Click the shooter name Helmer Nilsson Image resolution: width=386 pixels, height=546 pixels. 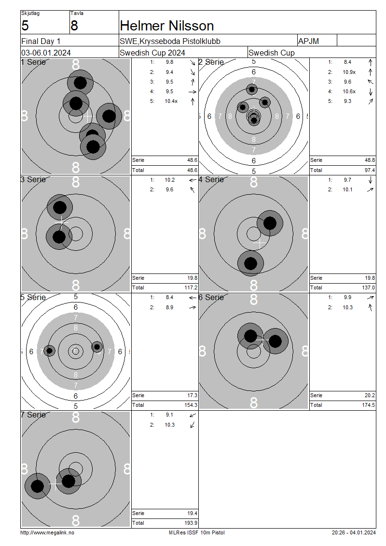click(x=167, y=26)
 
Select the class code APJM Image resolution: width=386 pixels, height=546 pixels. click(x=308, y=41)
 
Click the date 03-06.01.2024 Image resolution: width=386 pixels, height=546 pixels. click(x=46, y=53)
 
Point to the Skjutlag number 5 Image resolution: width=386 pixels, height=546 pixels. click(x=25, y=26)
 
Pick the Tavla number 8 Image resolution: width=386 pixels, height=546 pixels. click(x=74, y=26)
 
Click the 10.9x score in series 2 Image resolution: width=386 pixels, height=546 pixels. click(x=349, y=72)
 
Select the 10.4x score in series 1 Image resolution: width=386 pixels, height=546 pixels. click(x=171, y=101)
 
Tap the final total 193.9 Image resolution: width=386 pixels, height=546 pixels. click(x=192, y=523)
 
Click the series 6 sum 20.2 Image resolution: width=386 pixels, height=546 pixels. click(x=370, y=395)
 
